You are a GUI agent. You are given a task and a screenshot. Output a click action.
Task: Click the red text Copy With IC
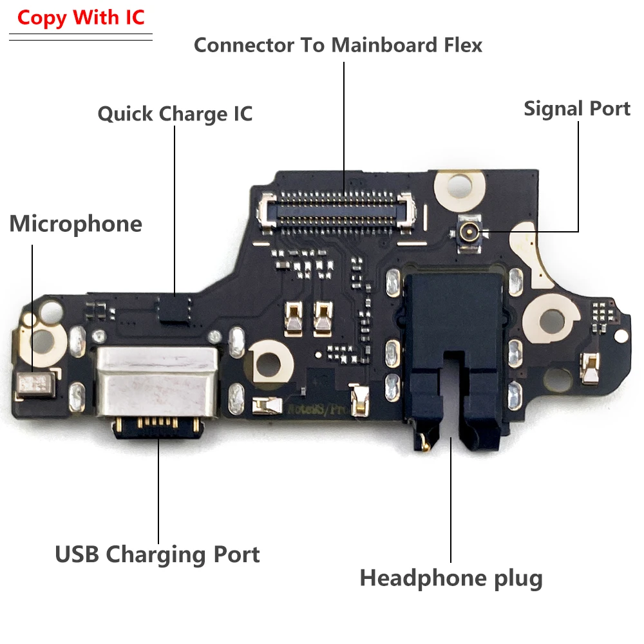click(x=81, y=17)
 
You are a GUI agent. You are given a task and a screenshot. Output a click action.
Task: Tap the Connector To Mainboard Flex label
click(x=338, y=45)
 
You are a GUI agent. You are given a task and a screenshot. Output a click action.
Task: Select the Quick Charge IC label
click(x=175, y=114)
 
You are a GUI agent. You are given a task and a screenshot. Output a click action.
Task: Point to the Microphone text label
click(x=76, y=223)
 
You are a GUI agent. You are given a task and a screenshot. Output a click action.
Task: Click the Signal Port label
click(x=577, y=108)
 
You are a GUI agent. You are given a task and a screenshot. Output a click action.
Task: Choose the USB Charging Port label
click(x=158, y=554)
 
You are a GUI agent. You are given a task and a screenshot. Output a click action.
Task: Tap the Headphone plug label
click(x=451, y=578)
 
